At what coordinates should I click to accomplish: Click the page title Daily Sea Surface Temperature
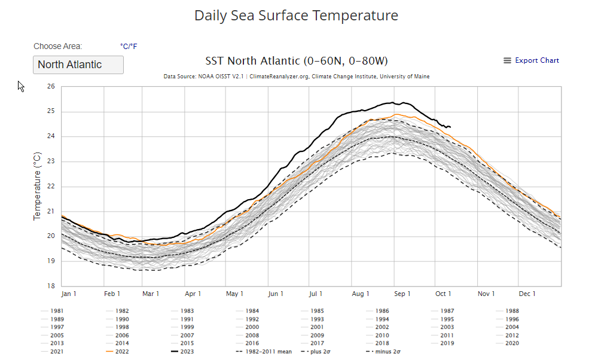point(296,16)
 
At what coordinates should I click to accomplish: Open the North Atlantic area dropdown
point(78,65)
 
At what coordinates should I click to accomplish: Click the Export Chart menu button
point(531,60)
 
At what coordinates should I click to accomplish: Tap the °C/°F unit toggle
point(129,46)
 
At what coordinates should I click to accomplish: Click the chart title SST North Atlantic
point(296,61)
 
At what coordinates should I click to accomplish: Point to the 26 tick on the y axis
point(50,87)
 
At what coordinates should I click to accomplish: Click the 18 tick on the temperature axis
point(50,286)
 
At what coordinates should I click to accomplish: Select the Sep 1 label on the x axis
point(402,294)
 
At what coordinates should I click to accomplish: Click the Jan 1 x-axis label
point(69,294)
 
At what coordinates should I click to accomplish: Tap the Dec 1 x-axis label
point(527,294)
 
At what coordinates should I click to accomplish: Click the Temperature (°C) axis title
point(37,186)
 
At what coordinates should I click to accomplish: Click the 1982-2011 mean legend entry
point(266,352)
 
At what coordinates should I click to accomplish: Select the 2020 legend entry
point(511,343)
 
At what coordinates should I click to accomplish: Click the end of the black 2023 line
point(450,127)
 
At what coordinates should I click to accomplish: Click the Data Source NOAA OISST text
point(296,77)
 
